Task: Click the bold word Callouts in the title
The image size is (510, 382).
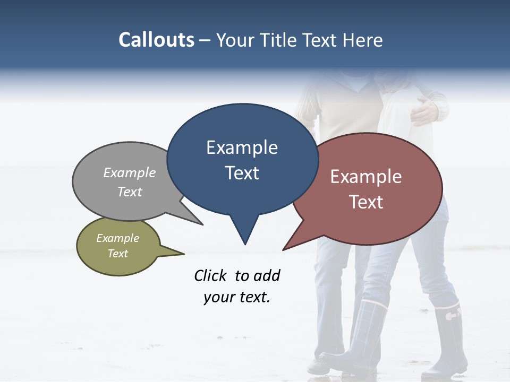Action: click(x=156, y=40)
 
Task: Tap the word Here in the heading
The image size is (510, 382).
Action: click(x=363, y=40)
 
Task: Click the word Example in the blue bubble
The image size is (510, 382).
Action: click(x=242, y=147)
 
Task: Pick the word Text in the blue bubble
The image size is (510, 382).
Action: click(x=242, y=173)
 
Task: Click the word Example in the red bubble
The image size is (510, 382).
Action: click(x=366, y=177)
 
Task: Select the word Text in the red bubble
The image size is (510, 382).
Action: click(x=366, y=202)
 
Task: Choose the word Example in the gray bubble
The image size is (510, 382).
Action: click(x=130, y=173)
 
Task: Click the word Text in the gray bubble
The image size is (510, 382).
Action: click(x=130, y=192)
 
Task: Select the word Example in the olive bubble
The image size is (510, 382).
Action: click(x=118, y=238)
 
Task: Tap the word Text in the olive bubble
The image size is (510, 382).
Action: click(x=118, y=254)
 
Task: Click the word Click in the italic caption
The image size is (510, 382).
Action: click(x=211, y=275)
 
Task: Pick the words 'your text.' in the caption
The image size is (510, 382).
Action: click(x=237, y=297)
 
